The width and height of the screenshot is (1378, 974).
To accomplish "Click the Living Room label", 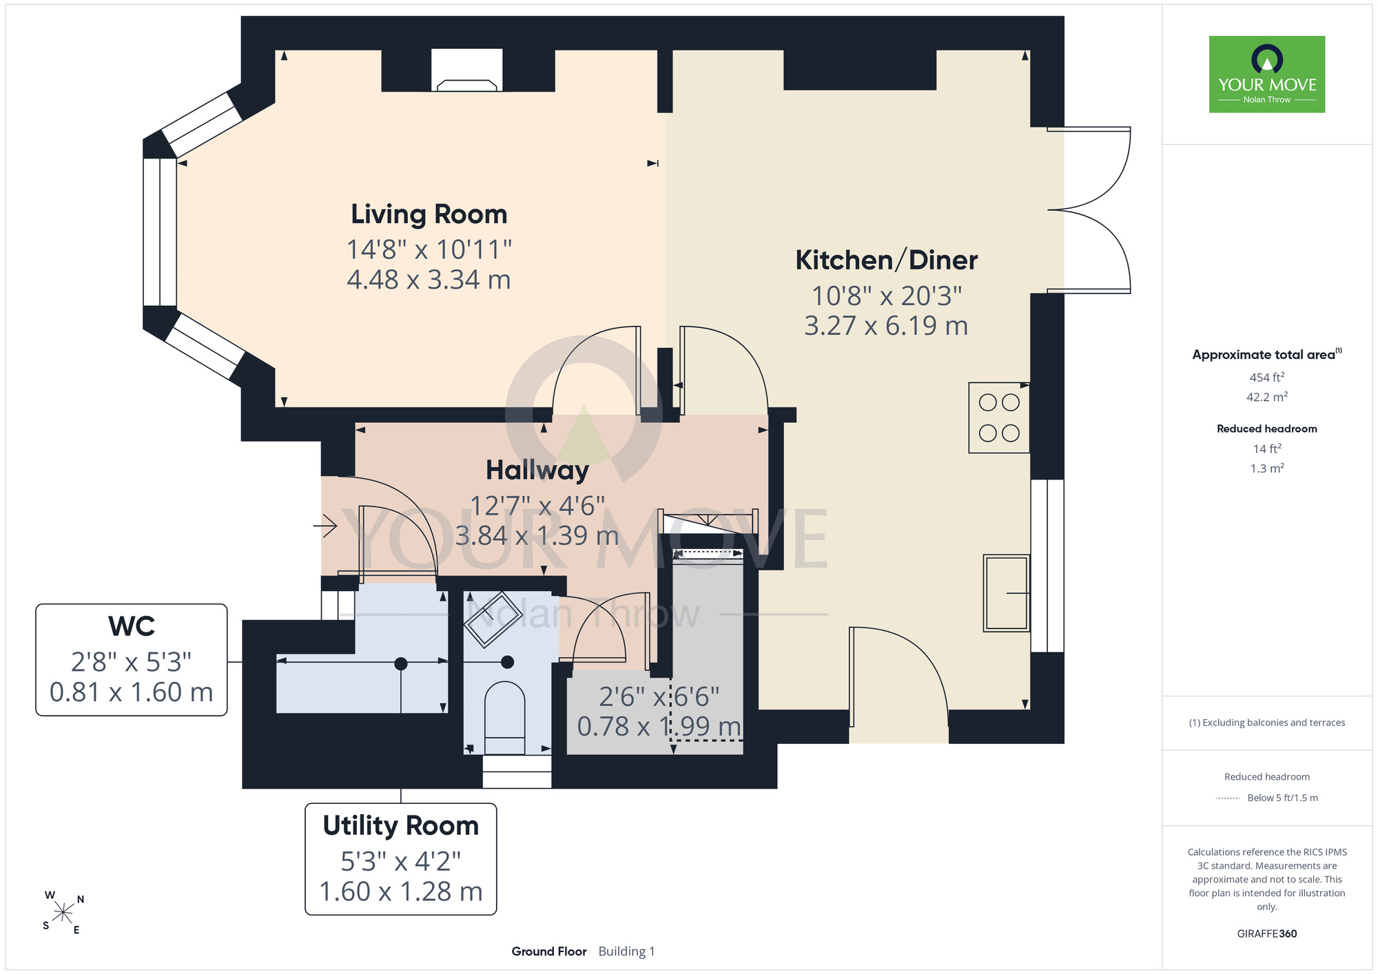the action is tap(429, 214).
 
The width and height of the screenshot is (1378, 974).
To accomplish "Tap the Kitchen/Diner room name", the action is tap(886, 260).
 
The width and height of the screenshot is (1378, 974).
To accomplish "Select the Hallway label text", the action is tap(537, 470).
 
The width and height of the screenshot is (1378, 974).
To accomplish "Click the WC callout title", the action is tap(132, 626).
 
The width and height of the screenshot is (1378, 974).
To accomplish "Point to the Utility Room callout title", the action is tap(401, 825).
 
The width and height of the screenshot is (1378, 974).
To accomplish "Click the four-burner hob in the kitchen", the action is tap(999, 417).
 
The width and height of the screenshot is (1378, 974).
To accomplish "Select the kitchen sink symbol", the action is tap(1007, 593).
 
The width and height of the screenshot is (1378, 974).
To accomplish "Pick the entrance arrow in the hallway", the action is tap(325, 526).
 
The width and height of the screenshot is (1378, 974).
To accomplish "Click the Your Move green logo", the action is tap(1267, 74).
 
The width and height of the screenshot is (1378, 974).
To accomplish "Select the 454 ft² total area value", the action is tap(1267, 377).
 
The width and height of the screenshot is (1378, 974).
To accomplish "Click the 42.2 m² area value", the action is tap(1267, 397).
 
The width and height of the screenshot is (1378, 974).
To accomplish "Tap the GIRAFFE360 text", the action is tap(1267, 934).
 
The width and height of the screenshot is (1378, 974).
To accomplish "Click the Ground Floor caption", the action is tap(549, 951).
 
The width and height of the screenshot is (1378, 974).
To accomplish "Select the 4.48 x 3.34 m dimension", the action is tap(429, 280).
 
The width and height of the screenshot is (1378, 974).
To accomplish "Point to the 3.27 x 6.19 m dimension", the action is tap(886, 326).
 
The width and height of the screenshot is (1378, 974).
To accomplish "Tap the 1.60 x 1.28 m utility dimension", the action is tap(401, 891).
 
